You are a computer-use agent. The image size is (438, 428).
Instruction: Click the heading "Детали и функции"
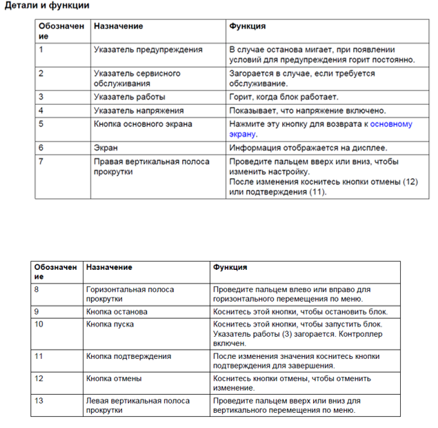(47, 6)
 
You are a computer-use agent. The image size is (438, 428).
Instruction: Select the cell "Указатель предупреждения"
(148, 50)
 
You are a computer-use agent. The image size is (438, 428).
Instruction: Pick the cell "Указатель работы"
(129, 97)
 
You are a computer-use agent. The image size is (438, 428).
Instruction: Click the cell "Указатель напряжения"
(138, 110)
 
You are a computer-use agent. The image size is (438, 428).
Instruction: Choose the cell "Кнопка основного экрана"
(143, 124)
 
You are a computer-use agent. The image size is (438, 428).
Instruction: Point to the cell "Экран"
(106, 148)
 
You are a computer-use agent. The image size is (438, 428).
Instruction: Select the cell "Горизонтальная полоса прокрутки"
(130, 294)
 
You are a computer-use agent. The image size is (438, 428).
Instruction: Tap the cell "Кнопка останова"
(117, 312)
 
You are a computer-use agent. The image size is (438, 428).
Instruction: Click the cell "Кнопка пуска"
(110, 324)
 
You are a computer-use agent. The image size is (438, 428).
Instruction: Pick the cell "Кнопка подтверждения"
(128, 356)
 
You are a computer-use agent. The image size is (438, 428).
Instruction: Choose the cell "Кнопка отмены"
(114, 378)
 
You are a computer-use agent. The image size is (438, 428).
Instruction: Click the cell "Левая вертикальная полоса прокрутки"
(137, 405)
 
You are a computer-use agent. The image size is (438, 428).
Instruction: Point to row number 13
(39, 400)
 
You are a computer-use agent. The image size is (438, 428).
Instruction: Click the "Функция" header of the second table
(230, 267)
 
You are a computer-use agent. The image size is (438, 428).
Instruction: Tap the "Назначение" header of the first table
(118, 26)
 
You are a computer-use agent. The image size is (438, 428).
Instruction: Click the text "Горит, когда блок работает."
(283, 97)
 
